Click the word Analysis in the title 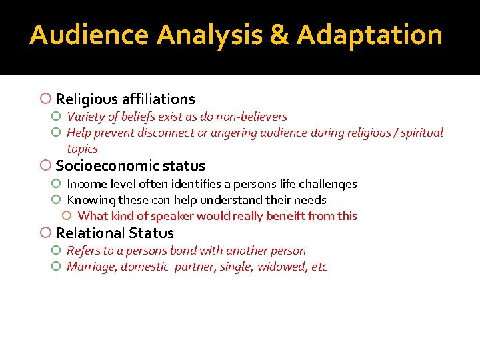click(210, 35)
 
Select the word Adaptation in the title click(369, 35)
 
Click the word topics click(82, 149)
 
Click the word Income click(85, 184)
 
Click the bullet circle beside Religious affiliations click(45, 99)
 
